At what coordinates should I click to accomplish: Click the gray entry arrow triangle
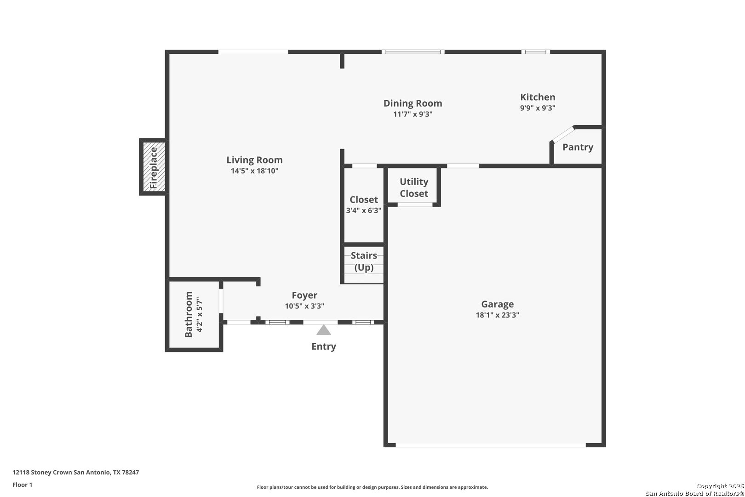[324, 330]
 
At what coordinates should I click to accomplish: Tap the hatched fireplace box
[154, 167]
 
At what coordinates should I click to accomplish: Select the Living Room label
[254, 160]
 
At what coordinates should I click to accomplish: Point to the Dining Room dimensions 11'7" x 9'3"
[413, 114]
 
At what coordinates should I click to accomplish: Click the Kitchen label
[538, 97]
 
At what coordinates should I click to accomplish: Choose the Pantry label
[578, 147]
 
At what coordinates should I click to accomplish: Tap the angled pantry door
[562, 134]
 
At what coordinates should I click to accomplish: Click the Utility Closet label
[414, 187]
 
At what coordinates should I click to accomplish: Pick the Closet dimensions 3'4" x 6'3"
[363, 210]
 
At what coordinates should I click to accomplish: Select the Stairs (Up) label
[364, 261]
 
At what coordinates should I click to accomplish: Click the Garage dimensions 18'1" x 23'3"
[497, 315]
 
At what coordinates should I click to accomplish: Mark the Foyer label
[304, 295]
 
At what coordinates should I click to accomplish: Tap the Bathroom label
[189, 314]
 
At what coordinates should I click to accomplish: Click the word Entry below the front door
[324, 347]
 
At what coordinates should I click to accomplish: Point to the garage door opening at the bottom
[491, 445]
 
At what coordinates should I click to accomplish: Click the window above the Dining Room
[413, 52]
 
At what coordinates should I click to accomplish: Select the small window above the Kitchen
[535, 52]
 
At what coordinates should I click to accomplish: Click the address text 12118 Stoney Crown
[41, 472]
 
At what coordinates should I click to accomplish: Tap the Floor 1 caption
[22, 485]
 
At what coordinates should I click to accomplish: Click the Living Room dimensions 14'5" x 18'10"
[254, 171]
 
